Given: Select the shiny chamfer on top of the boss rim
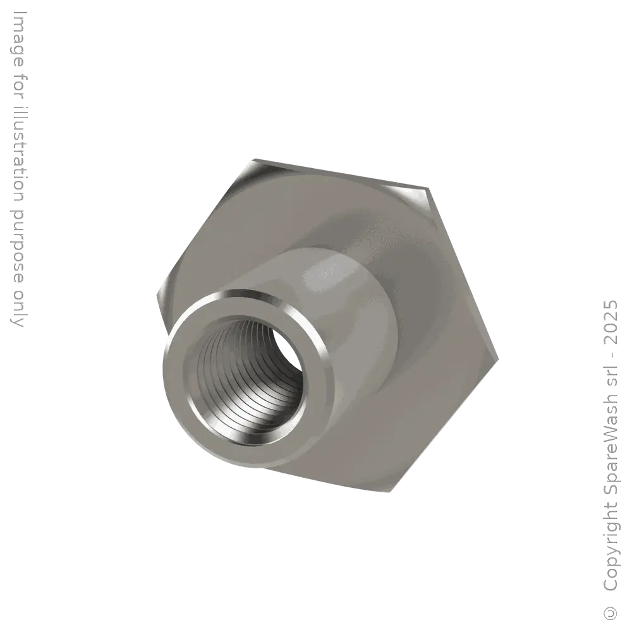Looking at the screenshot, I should tap(253, 296).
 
